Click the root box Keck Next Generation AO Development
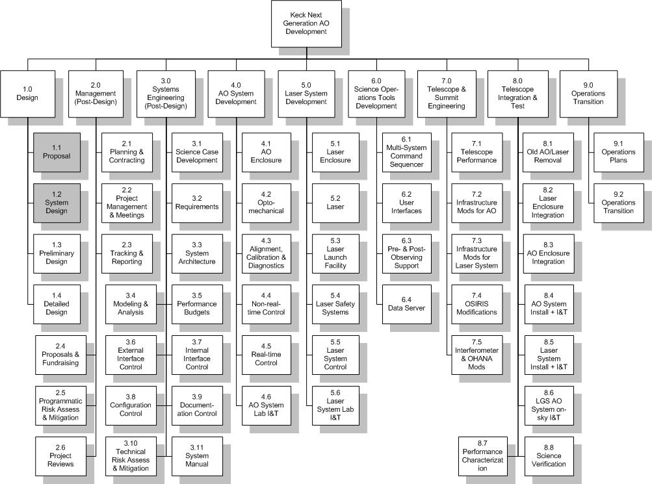tap(306, 23)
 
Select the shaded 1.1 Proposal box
tap(57, 152)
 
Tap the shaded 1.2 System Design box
tap(57, 203)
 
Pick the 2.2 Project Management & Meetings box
tap(127, 203)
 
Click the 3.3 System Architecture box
tap(197, 253)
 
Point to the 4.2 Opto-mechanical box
tap(266, 203)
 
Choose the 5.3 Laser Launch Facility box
tap(335, 253)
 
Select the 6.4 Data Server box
tap(407, 304)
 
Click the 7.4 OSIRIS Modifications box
tap(476, 304)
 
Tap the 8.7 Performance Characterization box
tap(483, 456)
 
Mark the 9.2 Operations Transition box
tap(618, 203)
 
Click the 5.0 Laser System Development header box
tap(306, 94)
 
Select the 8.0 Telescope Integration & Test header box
tap(517, 94)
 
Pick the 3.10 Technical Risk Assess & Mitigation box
tap(131, 456)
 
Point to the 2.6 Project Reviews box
tap(60, 456)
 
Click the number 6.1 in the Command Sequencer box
tap(406, 140)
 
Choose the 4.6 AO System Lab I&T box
tap(266, 405)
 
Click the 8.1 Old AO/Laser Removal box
tap(548, 152)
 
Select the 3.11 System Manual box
tap(197, 456)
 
